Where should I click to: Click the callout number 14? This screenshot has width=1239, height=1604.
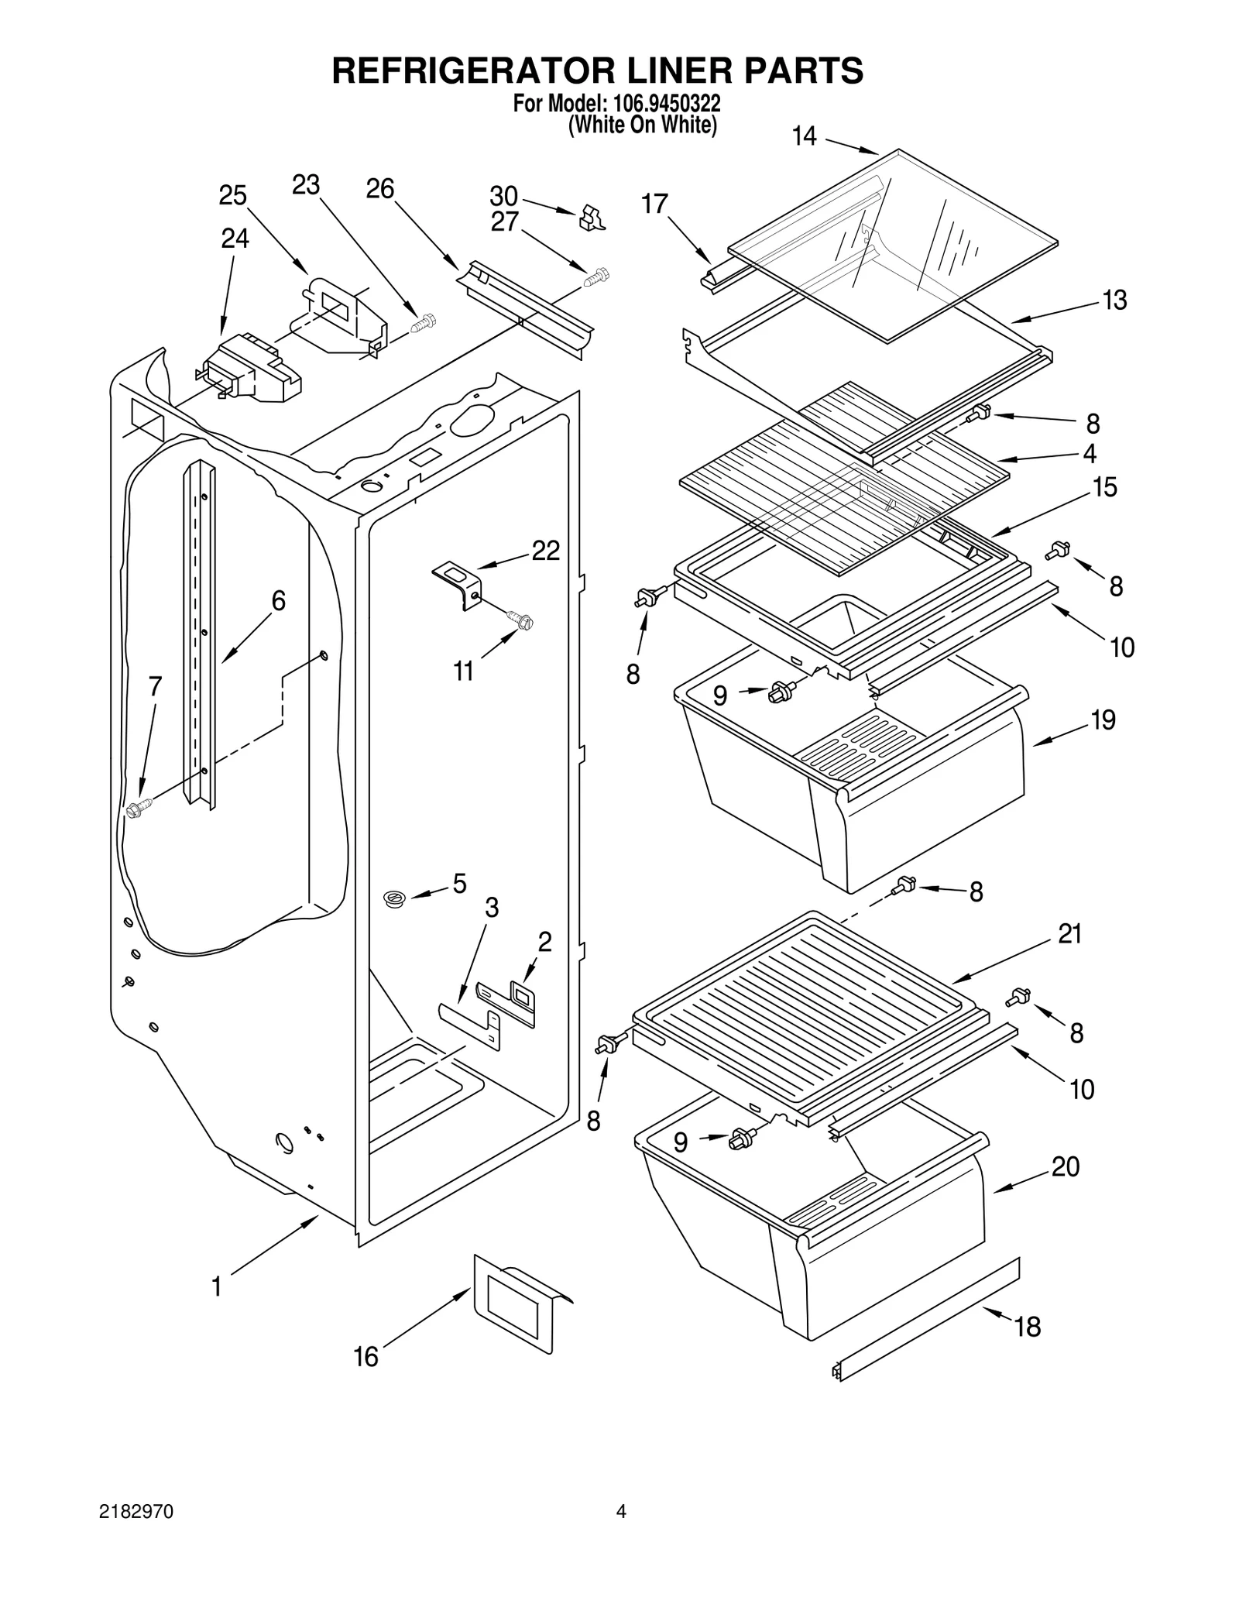(804, 137)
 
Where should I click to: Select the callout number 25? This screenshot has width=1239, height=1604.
(232, 195)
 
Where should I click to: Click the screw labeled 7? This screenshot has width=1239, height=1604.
(138, 809)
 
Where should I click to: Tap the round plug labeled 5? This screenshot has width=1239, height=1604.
(395, 899)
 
